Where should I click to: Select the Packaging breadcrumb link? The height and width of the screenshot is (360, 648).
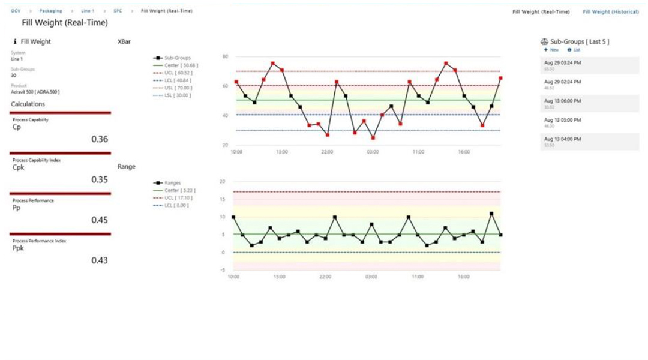click(51, 11)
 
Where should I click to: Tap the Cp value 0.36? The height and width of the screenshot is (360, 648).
click(100, 139)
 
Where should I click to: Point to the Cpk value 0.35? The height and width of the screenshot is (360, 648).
click(100, 179)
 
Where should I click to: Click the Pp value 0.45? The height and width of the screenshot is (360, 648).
click(100, 220)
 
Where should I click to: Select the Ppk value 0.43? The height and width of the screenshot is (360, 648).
click(100, 260)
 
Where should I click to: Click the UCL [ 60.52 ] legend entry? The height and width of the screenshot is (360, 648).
click(178, 73)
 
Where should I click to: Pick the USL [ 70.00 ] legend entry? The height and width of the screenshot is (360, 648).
click(178, 88)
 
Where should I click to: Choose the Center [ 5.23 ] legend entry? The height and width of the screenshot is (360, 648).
click(179, 190)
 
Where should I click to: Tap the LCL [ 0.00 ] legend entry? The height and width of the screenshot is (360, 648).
click(176, 205)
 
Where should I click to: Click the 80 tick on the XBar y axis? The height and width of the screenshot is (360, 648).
click(226, 56)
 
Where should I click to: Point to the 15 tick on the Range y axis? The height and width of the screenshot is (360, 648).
click(223, 199)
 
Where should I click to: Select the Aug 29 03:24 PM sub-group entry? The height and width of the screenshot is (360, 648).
click(562, 62)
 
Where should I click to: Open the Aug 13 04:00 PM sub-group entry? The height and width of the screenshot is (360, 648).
click(562, 139)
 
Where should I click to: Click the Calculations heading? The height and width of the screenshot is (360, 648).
click(28, 104)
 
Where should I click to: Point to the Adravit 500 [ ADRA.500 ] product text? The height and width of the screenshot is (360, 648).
click(35, 92)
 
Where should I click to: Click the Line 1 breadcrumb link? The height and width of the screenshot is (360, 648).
click(88, 11)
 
